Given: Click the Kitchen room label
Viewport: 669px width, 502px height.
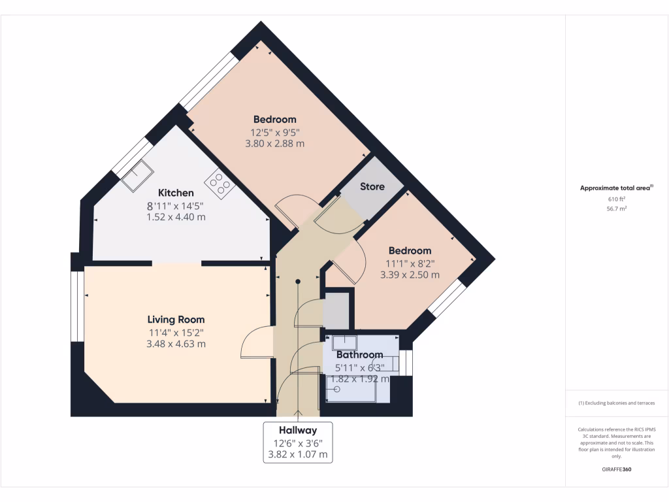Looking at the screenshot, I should pos(176,193).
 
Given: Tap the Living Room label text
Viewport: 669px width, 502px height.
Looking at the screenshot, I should pos(176,320).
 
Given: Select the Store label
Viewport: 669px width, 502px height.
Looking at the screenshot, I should pos(372,186).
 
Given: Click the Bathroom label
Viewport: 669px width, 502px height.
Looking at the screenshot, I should pos(359,355).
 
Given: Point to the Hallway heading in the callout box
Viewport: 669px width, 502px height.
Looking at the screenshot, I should pos(298,430).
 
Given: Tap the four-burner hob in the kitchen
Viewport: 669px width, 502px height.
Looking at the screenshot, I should pos(220,185).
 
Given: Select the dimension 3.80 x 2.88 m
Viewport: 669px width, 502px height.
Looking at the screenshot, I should pos(274,144).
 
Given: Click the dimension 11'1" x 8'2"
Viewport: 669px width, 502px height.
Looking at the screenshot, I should pos(410,263).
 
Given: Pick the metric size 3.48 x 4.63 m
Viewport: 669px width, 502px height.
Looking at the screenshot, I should pos(176,344).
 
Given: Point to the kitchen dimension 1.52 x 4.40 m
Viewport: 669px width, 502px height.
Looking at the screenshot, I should pos(176,217).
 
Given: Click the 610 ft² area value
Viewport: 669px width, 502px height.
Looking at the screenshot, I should pos(617,199).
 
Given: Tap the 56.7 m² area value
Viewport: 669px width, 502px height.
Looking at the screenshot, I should pos(617,210).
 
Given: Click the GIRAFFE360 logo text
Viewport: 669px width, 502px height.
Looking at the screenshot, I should pos(617,469).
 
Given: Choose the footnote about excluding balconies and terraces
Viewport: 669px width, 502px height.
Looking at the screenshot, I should pos(617,403).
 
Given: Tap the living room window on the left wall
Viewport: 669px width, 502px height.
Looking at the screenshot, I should pos(78,306).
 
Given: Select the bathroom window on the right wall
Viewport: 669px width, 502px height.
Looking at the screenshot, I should pos(407,363).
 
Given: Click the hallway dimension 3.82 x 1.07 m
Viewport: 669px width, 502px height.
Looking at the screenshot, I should pos(298,454).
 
